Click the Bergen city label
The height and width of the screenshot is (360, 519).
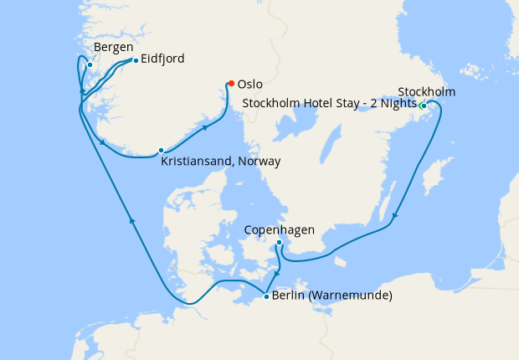(113, 47)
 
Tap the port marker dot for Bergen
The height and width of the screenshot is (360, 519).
(90, 64)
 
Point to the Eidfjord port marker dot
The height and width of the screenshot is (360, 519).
(136, 60)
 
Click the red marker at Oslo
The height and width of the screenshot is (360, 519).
(230, 83)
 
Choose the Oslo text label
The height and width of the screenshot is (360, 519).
(250, 84)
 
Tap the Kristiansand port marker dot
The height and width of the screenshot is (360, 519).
(161, 151)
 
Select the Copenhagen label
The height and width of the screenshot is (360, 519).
(280, 229)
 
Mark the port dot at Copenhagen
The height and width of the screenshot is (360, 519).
(279, 243)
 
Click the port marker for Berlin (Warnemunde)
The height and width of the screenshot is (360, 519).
(266, 296)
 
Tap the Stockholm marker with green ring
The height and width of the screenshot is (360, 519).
(423, 105)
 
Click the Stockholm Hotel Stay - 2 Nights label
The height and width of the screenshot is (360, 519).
(329, 104)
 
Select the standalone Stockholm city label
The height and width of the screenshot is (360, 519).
(427, 91)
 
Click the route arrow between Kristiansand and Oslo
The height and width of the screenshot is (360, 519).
(205, 128)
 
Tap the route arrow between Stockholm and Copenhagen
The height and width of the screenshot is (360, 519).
(395, 216)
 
